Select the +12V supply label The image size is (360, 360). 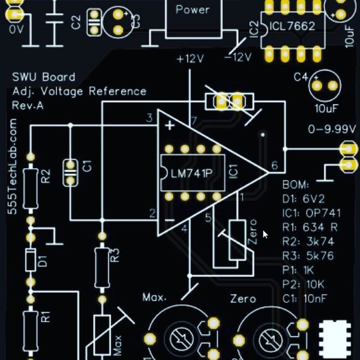[x=191, y=59]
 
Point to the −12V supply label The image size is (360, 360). [x=238, y=58]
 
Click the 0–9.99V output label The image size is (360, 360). [x=332, y=129]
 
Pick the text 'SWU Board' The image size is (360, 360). [x=44, y=77]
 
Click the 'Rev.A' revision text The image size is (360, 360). [x=28, y=106]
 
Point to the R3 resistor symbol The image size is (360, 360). [x=101, y=259]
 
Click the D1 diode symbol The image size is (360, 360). [x=30, y=260]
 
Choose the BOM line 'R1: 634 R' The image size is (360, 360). [x=310, y=227]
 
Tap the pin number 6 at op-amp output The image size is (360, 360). [x=274, y=166]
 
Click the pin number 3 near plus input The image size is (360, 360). [x=149, y=118]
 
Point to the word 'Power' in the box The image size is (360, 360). [x=193, y=10]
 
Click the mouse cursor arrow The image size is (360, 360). [x=266, y=234]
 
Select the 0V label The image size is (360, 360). [x=16, y=28]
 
